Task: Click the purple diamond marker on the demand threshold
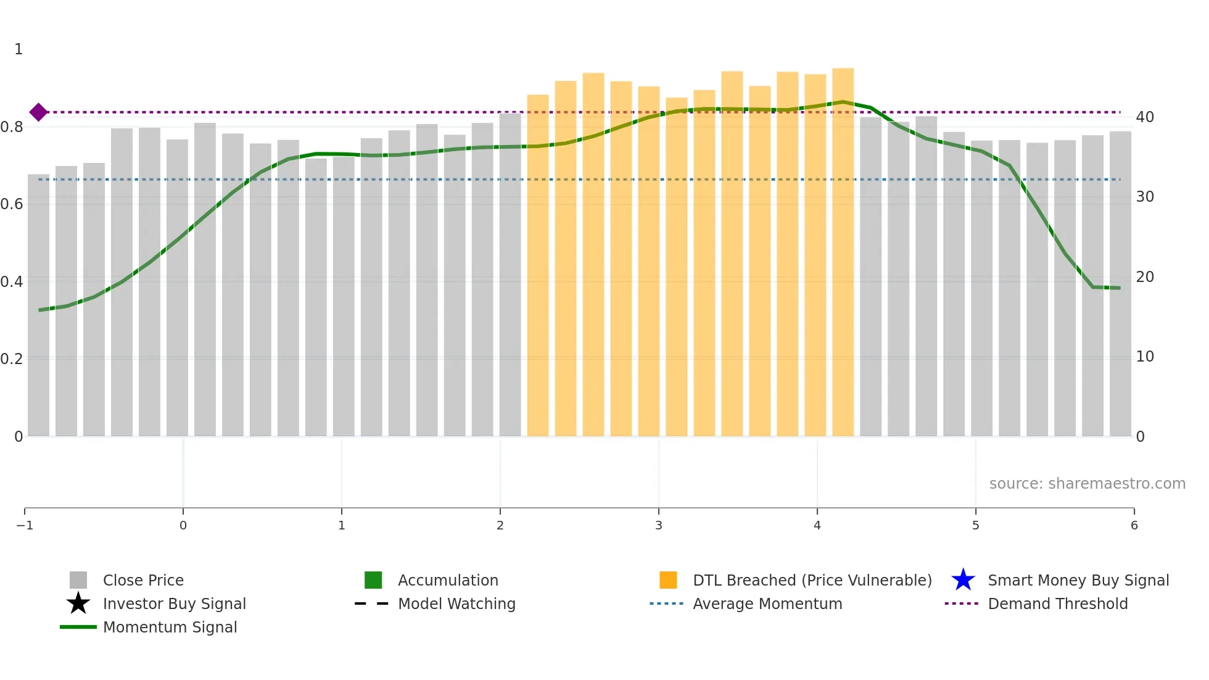tap(38, 112)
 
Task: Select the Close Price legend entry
tap(142, 580)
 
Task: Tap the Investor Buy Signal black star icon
tap(78, 603)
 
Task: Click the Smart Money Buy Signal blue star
tap(963, 580)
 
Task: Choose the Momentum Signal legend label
tap(170, 627)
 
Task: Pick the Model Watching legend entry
tap(456, 603)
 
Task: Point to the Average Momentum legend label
tap(767, 603)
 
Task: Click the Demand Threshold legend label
tap(1057, 603)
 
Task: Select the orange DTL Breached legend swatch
tap(668, 580)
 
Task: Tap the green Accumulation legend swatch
tap(373, 580)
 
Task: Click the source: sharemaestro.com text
tap(1087, 484)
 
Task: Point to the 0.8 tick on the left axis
tap(12, 127)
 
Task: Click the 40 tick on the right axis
tap(1145, 117)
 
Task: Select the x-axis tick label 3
tap(659, 525)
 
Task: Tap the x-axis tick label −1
tap(25, 525)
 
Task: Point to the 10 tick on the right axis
tap(1145, 357)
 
